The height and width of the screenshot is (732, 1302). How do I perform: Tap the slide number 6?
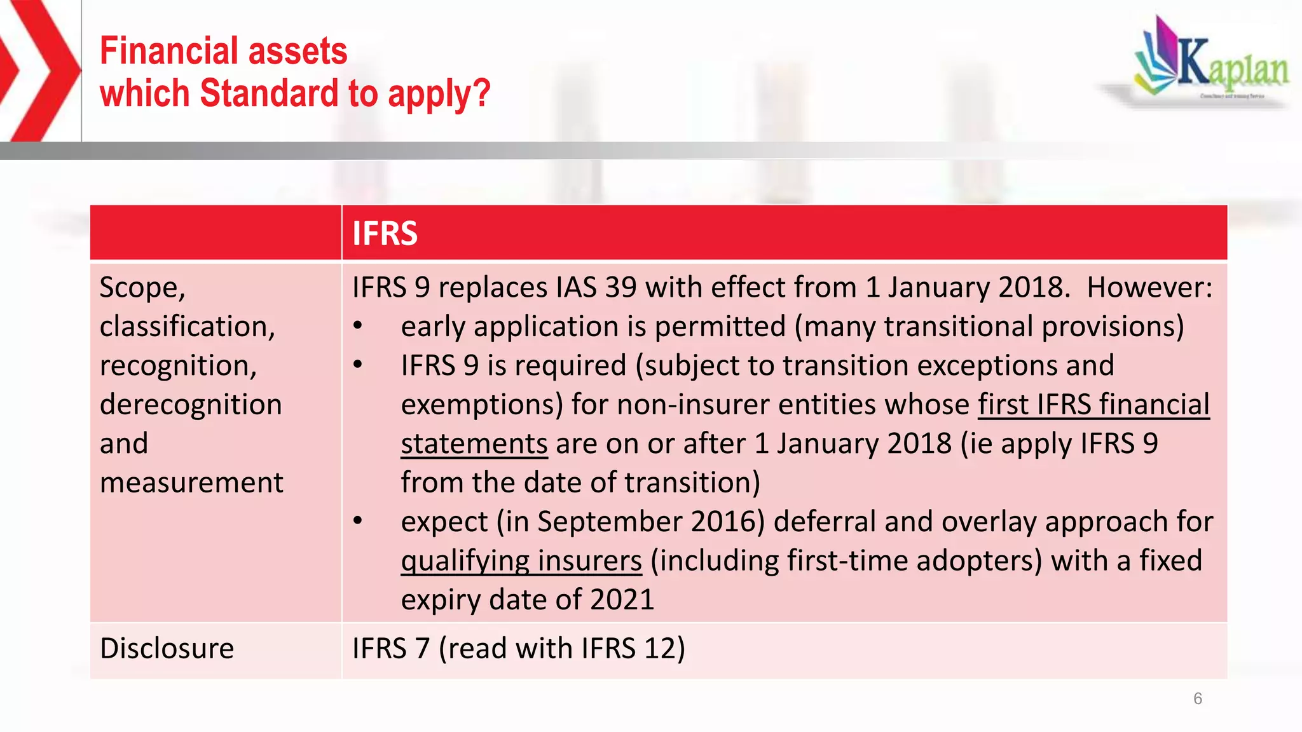click(x=1198, y=699)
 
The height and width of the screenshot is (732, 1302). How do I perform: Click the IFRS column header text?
click(x=385, y=233)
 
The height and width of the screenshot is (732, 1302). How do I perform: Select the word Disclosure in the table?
click(x=167, y=649)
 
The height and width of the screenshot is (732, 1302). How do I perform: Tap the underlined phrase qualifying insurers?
click(x=521, y=561)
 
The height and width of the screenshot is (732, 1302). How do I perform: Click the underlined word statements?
click(x=474, y=444)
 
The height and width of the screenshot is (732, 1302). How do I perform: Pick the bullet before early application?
click(x=358, y=327)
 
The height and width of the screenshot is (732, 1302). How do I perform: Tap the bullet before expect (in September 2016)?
click(x=358, y=522)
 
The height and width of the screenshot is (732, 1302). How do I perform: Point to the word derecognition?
click(x=191, y=405)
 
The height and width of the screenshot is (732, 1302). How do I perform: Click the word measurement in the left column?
click(x=191, y=483)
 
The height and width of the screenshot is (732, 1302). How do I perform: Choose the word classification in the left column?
click(x=187, y=327)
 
